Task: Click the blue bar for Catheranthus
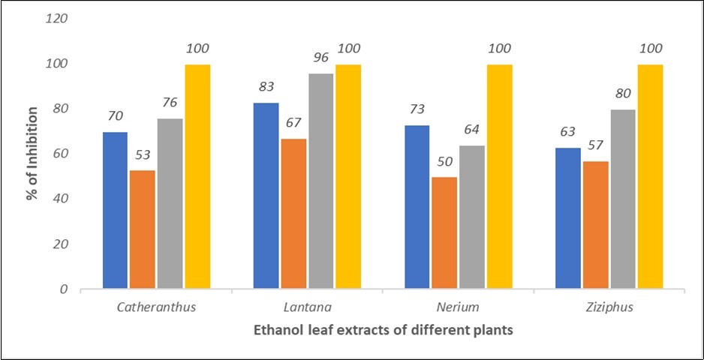(115, 210)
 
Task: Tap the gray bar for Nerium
(472, 217)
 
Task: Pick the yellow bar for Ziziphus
(650, 176)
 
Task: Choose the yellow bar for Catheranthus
(197, 176)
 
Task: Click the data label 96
(320, 57)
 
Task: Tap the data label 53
(143, 155)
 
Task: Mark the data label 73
(417, 109)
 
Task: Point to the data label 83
(266, 87)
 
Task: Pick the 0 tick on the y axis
(64, 289)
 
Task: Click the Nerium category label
(458, 307)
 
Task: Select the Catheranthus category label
(156, 307)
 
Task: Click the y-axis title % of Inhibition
(32, 154)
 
